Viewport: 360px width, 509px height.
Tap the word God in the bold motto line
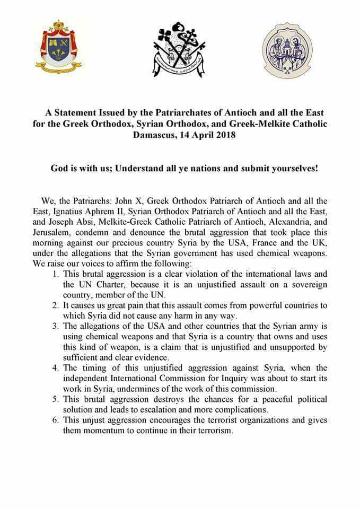[x=60, y=168]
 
